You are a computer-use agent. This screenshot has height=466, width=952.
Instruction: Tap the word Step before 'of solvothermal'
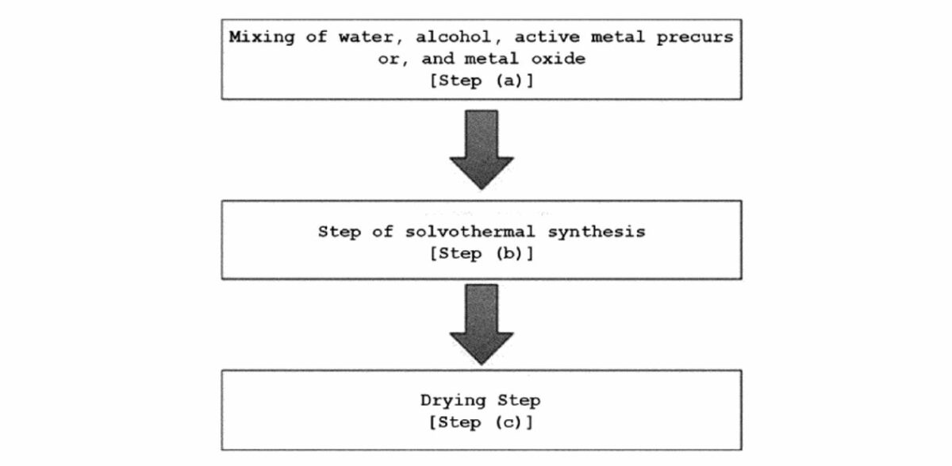tap(340, 232)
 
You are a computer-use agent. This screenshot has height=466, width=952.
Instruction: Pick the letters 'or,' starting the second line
tap(389, 60)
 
